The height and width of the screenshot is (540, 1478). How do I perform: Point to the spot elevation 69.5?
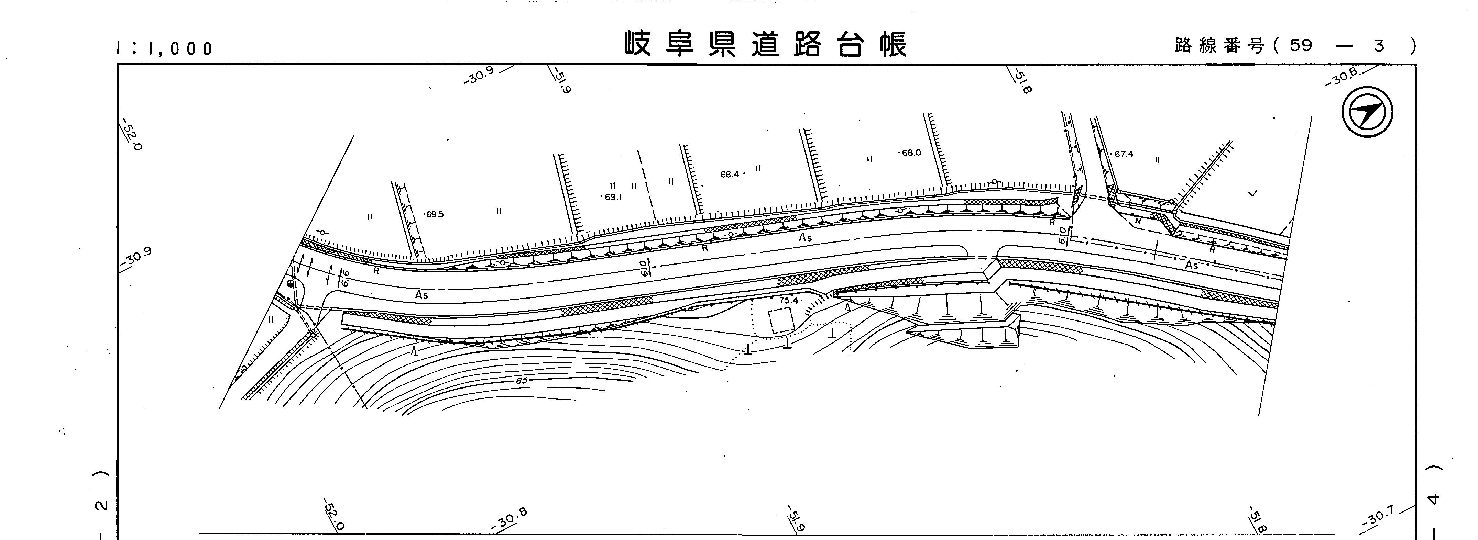point(434,214)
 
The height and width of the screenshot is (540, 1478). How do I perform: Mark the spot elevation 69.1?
point(612,196)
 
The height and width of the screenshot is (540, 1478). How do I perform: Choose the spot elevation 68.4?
point(730,174)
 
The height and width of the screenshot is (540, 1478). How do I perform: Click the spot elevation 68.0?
point(910,153)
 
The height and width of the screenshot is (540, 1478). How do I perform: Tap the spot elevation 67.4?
point(1124,154)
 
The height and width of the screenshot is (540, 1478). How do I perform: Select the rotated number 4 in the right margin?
point(1433,499)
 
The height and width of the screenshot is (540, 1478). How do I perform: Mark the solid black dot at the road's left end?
point(290,283)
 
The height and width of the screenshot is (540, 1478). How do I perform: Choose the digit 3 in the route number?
point(1379,45)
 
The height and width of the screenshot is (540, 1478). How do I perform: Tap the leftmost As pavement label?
point(422,295)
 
